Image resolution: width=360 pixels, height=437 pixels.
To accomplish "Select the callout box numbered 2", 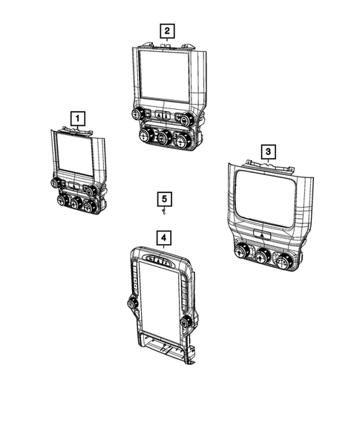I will click(168, 30).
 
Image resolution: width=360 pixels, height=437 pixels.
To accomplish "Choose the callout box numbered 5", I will click(164, 199).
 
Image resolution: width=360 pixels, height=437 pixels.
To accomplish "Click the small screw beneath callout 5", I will click(163, 212).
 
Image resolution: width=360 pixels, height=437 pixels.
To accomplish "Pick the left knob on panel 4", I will click(131, 304).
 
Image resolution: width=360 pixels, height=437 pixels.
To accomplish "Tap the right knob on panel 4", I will click(185, 322).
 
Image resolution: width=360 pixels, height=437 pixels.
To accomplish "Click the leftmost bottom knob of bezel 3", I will click(240, 253).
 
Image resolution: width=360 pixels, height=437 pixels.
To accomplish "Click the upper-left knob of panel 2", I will click(137, 114).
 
